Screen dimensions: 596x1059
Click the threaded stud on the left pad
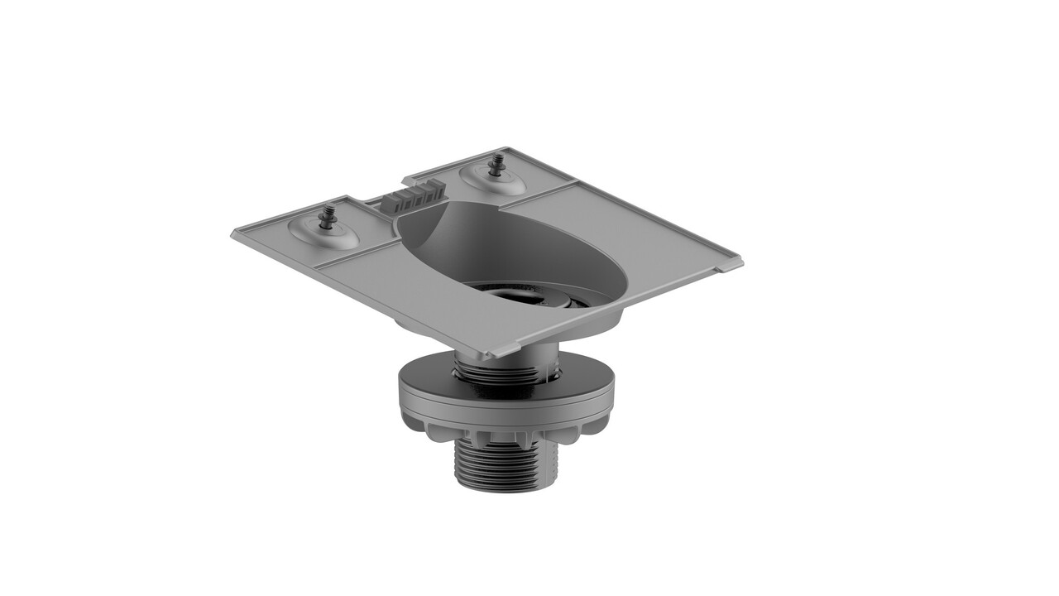[327, 218]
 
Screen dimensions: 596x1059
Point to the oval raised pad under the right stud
[493, 180]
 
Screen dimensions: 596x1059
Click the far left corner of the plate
[236, 235]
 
